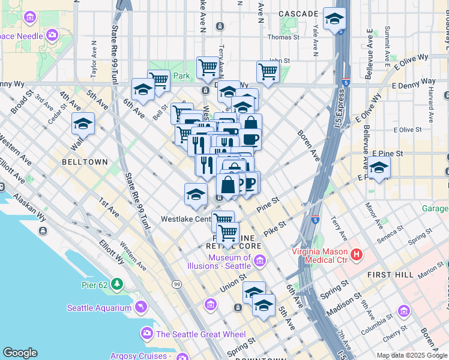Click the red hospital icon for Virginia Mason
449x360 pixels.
357,254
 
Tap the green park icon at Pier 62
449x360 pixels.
118,283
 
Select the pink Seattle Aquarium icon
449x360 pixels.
141,308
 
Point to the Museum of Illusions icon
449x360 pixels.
259,260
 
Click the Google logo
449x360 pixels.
19,353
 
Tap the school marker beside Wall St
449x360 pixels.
83,124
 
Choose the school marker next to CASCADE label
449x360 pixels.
334,19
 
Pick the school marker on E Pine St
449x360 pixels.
379,167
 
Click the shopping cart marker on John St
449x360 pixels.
268,71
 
